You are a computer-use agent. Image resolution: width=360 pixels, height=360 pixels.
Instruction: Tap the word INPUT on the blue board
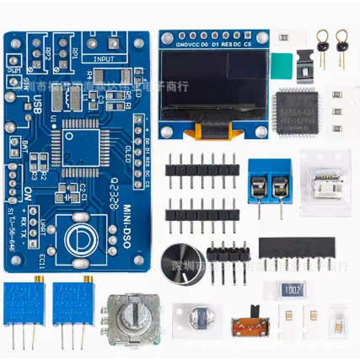coord(104,59)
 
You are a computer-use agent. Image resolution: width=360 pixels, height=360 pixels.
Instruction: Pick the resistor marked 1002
coord(291,290)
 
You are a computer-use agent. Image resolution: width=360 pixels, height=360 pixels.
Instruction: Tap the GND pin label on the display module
coord(181,45)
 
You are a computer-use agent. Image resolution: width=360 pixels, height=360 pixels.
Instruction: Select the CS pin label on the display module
coord(247,45)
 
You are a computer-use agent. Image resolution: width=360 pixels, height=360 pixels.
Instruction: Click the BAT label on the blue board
coord(25,147)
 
